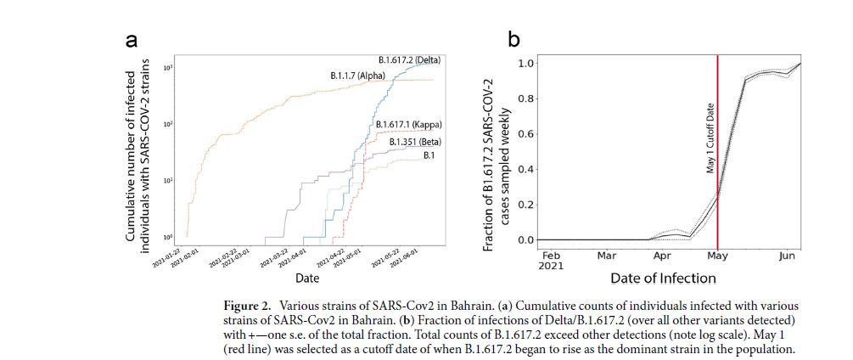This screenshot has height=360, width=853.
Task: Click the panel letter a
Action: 132,41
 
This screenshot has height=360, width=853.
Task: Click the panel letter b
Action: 513,39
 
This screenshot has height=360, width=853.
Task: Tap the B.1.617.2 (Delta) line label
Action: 410,60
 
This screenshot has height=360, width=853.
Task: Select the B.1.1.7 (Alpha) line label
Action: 357,76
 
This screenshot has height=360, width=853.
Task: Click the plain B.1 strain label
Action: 431,156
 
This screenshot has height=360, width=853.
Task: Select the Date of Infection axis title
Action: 662,278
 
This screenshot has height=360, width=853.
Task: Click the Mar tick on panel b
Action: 606,255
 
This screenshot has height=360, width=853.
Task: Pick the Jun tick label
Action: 786,255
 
